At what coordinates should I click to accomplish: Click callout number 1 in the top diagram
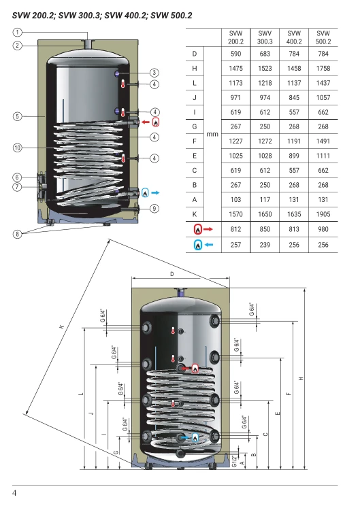[17, 32]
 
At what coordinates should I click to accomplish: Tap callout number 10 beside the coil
[17, 148]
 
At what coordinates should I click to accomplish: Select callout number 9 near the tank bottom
[154, 209]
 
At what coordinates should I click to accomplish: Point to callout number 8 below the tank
[17, 233]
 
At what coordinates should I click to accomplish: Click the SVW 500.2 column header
[323, 37]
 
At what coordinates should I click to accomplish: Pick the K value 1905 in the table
[323, 214]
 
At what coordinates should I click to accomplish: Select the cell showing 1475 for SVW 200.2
[235, 68]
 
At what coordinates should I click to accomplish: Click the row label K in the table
[195, 214]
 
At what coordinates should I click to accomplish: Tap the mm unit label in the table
[212, 134]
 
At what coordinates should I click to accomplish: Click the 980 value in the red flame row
[323, 229]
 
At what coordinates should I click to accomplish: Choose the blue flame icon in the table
[198, 245]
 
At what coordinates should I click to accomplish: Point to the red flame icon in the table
[198, 229]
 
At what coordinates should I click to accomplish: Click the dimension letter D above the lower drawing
[172, 274]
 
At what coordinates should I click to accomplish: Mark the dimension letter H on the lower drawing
[301, 379]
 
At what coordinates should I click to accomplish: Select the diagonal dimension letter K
[61, 326]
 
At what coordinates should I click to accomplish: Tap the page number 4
[14, 493]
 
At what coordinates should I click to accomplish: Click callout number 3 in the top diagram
[154, 73]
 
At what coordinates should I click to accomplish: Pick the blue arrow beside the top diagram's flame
[155, 193]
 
